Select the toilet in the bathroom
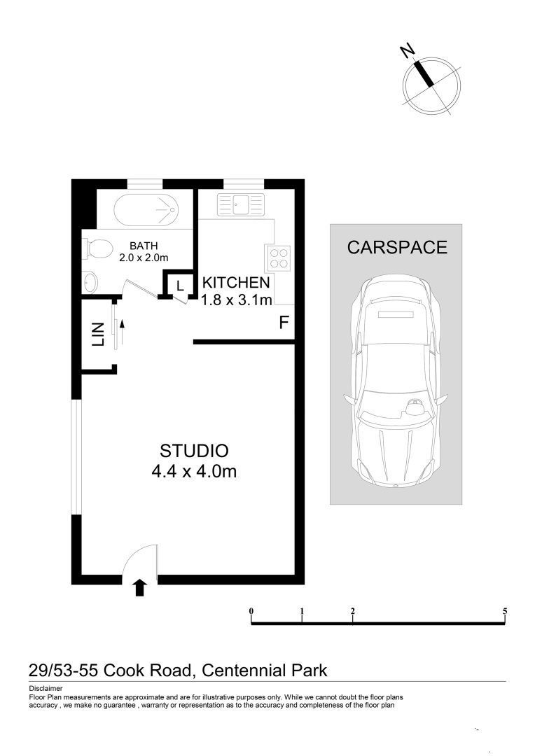point(97,248)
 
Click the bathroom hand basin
point(90,283)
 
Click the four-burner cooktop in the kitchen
point(277,258)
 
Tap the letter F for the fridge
point(284,323)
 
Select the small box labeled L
point(180,286)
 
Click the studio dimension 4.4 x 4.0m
point(194,472)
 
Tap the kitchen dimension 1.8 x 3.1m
point(236,300)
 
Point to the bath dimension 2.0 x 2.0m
point(144,258)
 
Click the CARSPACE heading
point(397,248)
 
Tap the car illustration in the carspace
point(396,381)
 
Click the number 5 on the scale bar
point(505,611)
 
